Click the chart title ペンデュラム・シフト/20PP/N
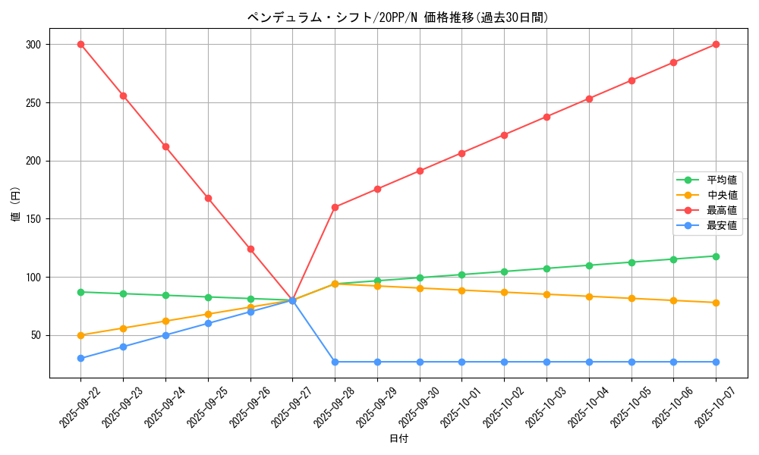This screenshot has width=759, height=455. (x=398, y=17)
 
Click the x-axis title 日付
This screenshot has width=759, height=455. (x=398, y=439)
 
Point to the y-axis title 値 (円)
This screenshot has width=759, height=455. (x=15, y=204)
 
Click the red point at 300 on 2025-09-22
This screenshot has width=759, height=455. (x=80, y=45)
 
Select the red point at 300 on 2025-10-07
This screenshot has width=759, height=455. (x=716, y=45)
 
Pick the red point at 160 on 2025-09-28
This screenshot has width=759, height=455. (x=335, y=207)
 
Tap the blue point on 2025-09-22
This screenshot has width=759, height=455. (x=80, y=358)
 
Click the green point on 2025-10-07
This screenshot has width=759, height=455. (x=716, y=256)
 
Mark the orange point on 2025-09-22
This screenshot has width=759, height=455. (x=80, y=335)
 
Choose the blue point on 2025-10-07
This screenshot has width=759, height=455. (x=716, y=362)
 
